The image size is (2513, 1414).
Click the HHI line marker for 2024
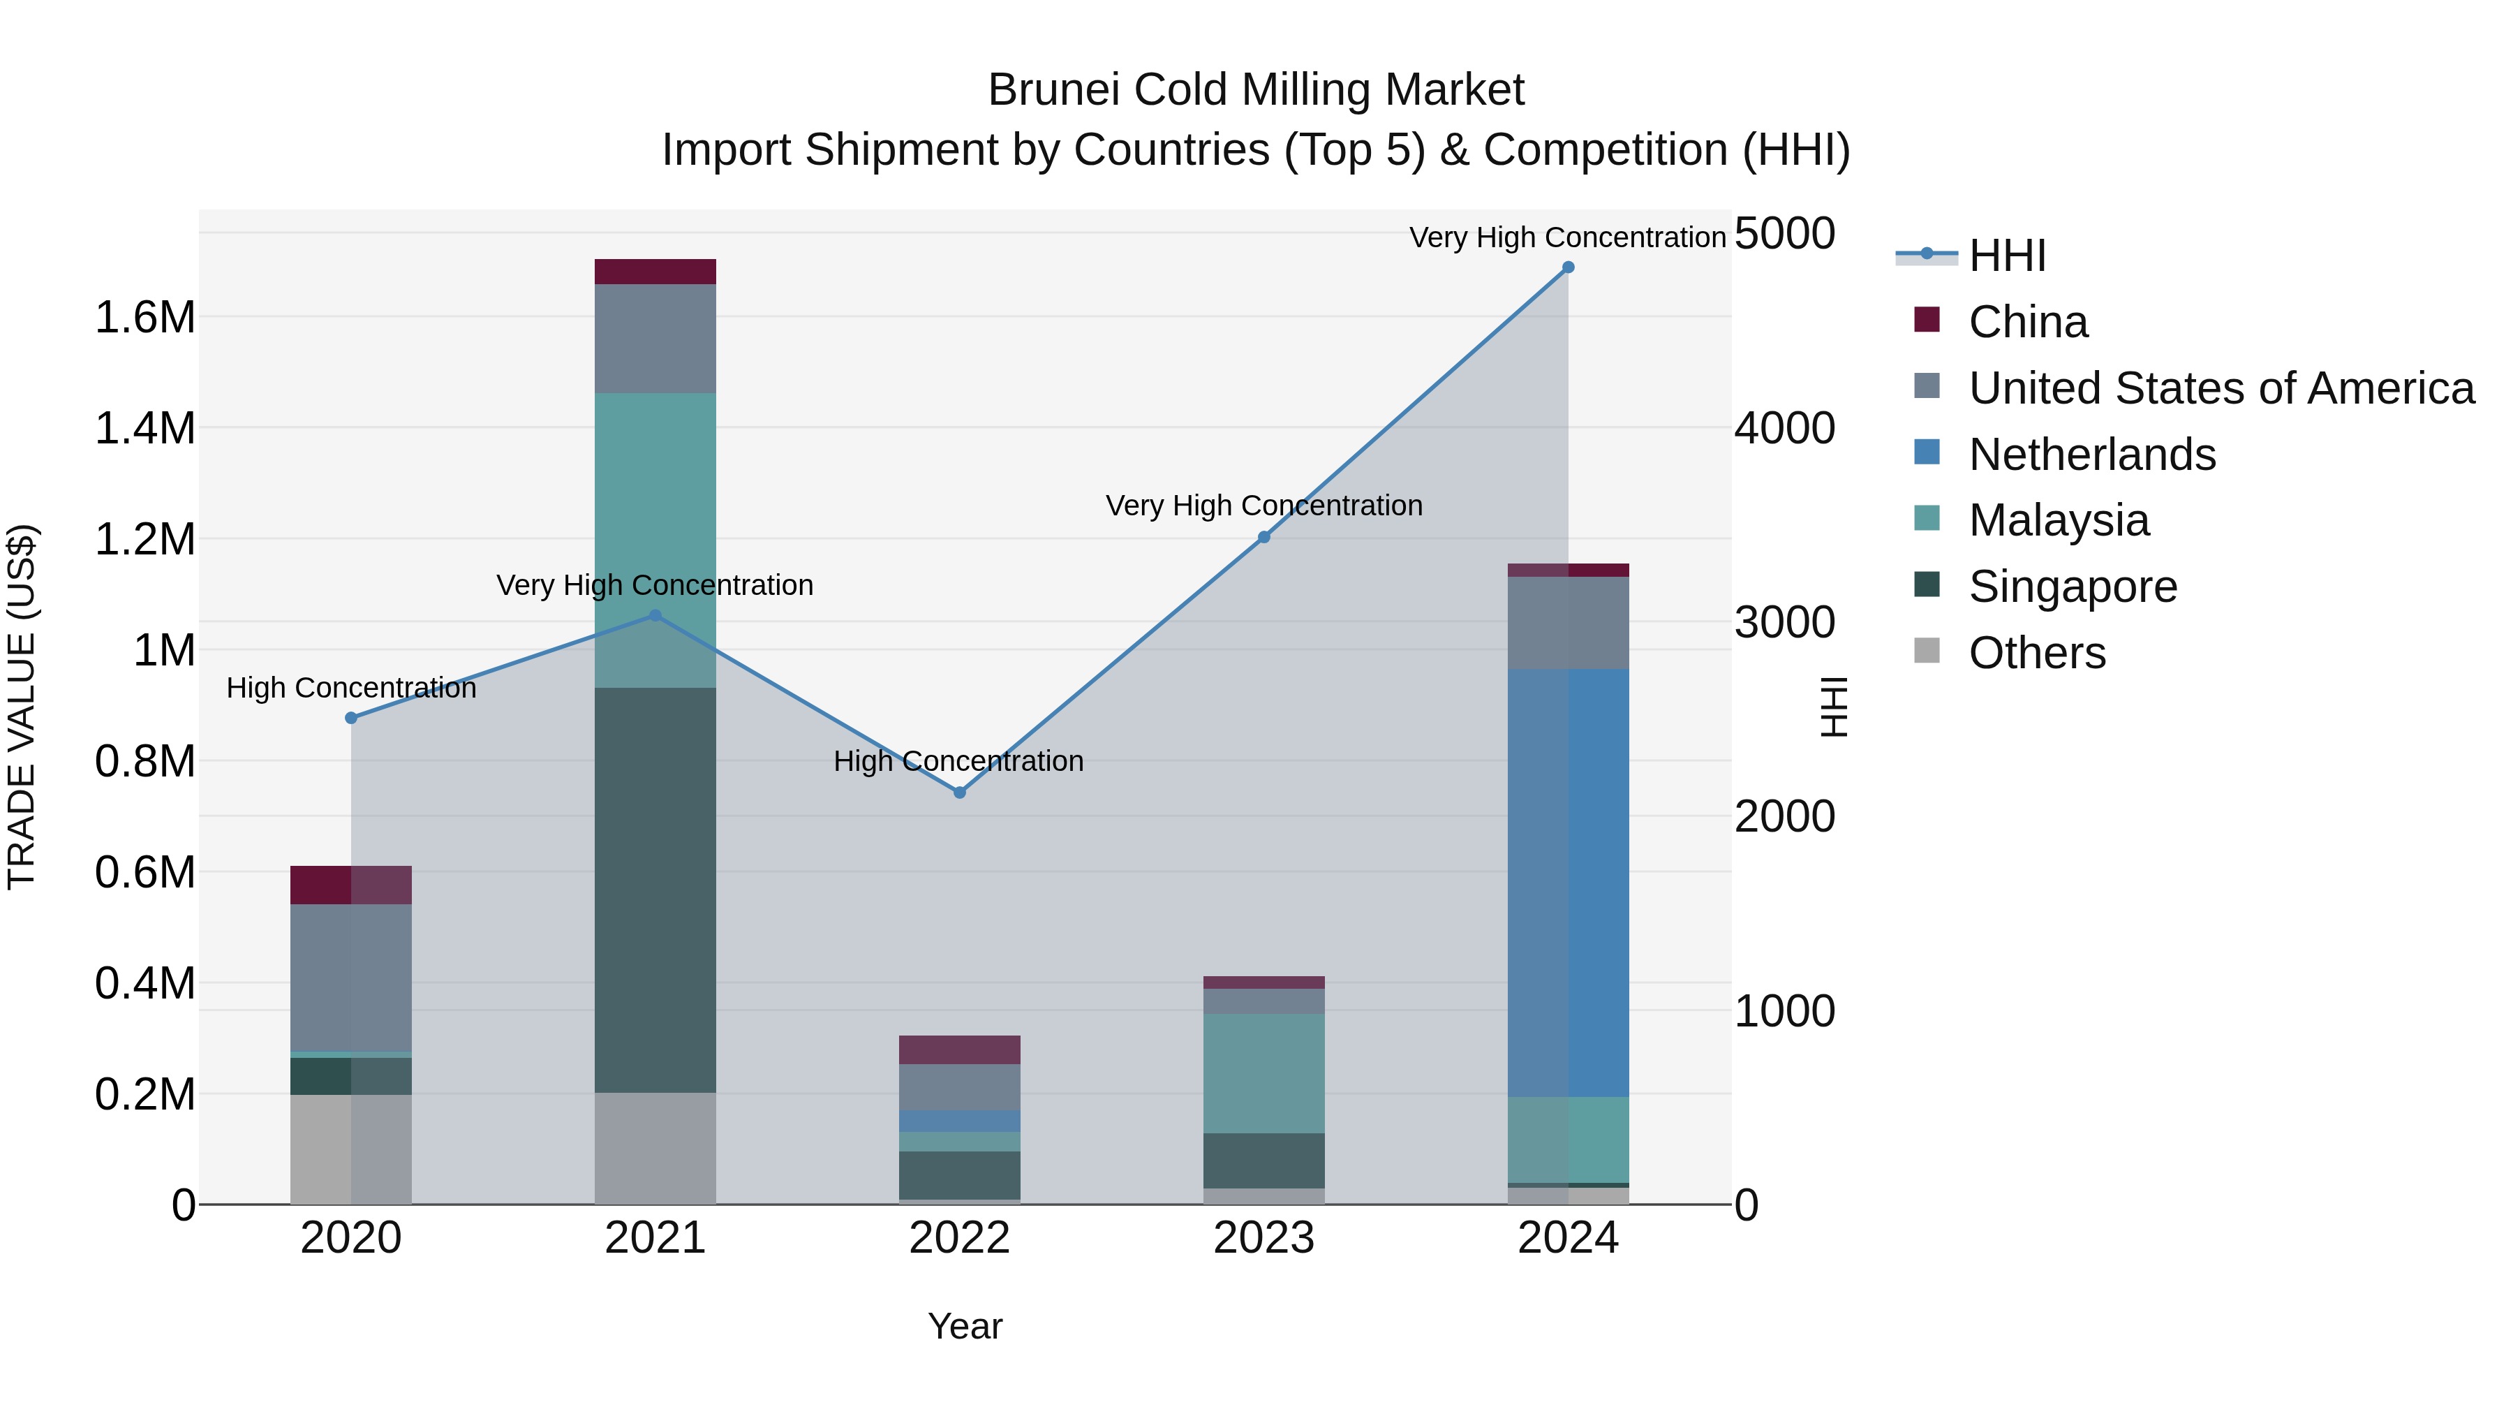1568,267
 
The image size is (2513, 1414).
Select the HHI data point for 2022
959,793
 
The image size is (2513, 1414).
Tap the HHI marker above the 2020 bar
351,719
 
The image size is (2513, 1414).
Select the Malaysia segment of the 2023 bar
1263,1073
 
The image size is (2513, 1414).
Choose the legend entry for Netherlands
2091,455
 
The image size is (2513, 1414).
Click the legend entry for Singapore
2071,587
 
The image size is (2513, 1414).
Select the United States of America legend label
2221,388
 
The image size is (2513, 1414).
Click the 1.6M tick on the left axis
144,318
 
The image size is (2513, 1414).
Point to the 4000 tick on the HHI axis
1784,429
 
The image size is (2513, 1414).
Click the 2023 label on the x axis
1263,1238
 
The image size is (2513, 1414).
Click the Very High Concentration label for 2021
655,586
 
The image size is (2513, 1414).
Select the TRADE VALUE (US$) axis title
22,707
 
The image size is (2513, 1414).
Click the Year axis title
965,1326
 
